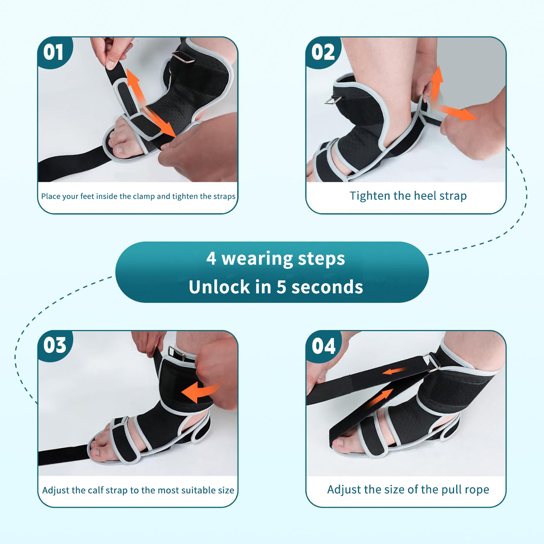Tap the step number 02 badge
323,52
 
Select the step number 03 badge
55,345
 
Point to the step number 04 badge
324,346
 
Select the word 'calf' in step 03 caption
96,490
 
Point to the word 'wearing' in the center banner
257,259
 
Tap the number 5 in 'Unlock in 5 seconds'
281,287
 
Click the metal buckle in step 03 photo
176,354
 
